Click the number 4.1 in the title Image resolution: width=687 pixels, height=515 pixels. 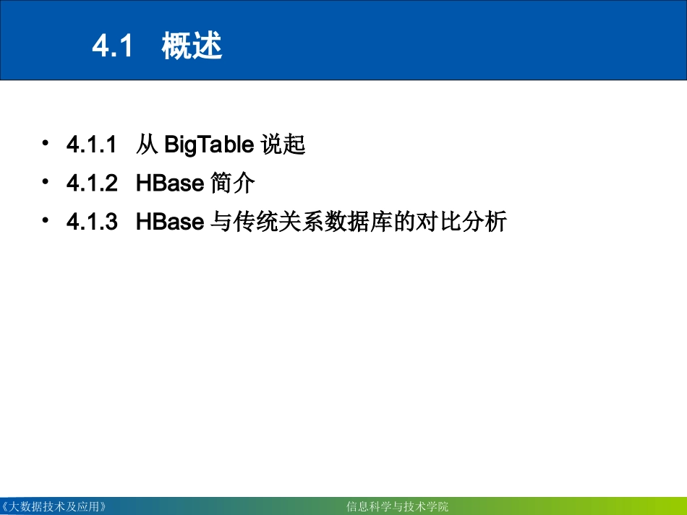(114, 47)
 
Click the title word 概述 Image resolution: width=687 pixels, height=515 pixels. (192, 47)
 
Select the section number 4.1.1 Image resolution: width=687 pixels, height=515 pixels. (92, 145)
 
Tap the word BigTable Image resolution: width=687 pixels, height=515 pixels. (209, 145)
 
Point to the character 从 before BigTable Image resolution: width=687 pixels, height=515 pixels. (147, 145)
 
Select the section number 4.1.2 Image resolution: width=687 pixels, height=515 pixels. (92, 183)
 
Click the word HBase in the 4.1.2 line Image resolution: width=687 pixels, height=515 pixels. (170, 183)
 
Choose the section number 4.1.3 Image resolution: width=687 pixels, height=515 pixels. (92, 222)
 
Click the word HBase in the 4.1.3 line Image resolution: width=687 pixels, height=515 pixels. (170, 222)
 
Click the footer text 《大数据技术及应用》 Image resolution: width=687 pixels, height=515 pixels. (56, 506)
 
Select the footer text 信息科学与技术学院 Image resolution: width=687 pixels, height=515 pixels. (398, 506)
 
